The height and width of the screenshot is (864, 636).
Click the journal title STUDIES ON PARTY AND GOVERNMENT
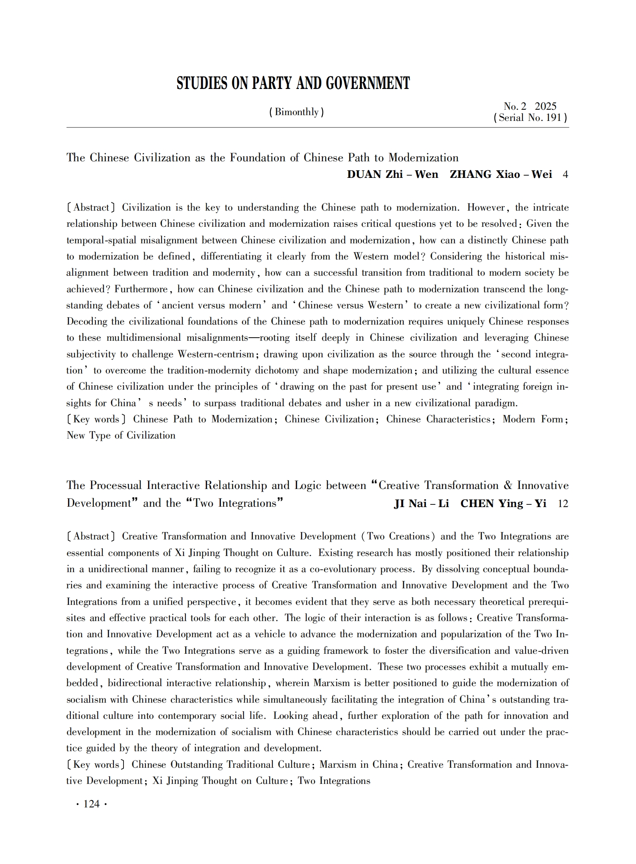tap(293, 83)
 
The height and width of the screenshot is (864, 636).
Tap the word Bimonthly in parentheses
tap(296, 112)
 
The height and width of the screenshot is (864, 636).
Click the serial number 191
tap(554, 118)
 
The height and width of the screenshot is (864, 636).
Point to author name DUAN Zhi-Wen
tap(392, 174)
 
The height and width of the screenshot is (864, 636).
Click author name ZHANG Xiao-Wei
tap(501, 174)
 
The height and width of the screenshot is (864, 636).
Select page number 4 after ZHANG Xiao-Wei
tap(565, 175)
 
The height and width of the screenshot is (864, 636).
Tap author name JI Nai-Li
tap(421, 504)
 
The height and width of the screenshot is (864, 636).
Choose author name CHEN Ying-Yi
tap(503, 504)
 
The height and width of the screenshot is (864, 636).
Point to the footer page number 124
tap(92, 804)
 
